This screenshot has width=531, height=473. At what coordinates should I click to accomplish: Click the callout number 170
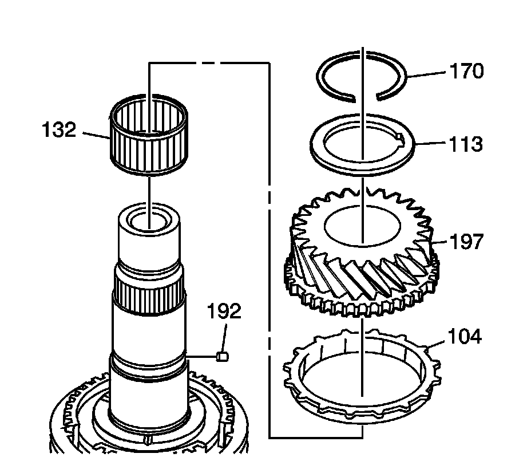point(466,72)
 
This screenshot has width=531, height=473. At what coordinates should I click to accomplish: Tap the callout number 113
point(465,144)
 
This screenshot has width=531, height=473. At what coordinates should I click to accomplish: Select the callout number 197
point(466,242)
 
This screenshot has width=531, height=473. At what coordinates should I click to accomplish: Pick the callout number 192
point(225,312)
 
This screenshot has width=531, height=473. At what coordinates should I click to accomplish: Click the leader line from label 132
point(96,135)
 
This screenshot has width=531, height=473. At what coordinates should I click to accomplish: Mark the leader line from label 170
point(426,74)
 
